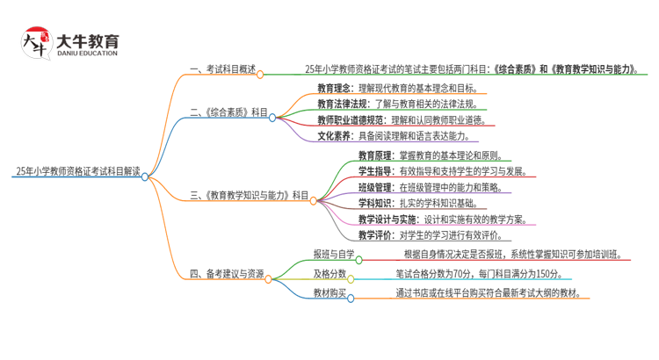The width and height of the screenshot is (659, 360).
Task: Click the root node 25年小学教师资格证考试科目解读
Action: click(x=77, y=171)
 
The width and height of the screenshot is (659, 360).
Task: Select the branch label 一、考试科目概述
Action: click(x=223, y=69)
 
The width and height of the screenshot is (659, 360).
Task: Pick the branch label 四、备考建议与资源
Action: click(x=227, y=275)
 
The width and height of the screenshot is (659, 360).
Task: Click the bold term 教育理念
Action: click(x=334, y=88)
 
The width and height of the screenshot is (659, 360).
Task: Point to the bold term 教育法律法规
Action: click(x=339, y=104)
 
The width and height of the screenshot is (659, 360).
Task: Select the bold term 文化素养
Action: click(x=334, y=136)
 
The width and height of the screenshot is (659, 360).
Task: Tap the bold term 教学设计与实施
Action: click(x=386, y=220)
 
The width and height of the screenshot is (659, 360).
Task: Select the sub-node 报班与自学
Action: click(x=334, y=256)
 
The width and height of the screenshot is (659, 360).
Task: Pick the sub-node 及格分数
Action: click(x=329, y=274)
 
